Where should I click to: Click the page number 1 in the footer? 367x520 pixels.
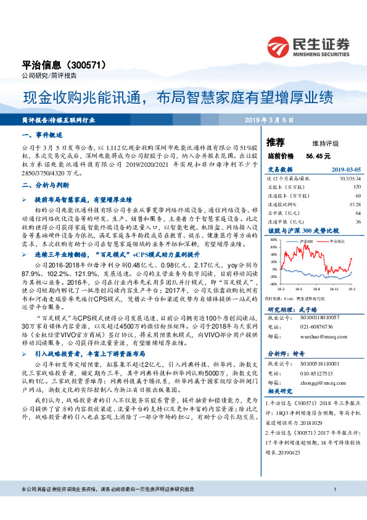pos(334,507)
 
